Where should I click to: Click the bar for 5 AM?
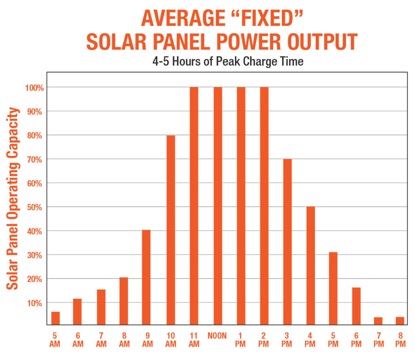[x=55, y=318]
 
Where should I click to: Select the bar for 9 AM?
[x=146, y=277]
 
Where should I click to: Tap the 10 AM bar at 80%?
[x=171, y=230]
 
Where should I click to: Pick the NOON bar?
[x=218, y=205]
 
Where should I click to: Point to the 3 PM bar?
[x=287, y=241]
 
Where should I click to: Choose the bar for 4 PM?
[x=310, y=265]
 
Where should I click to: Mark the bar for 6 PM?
[x=356, y=306]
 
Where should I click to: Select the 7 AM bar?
[x=101, y=307]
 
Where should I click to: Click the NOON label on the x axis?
[x=217, y=336]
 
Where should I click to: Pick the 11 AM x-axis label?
[x=194, y=339]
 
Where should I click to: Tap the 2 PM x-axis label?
[x=264, y=339]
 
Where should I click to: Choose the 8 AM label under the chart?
[x=124, y=339]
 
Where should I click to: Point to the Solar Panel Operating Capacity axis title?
[x=13, y=198]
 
